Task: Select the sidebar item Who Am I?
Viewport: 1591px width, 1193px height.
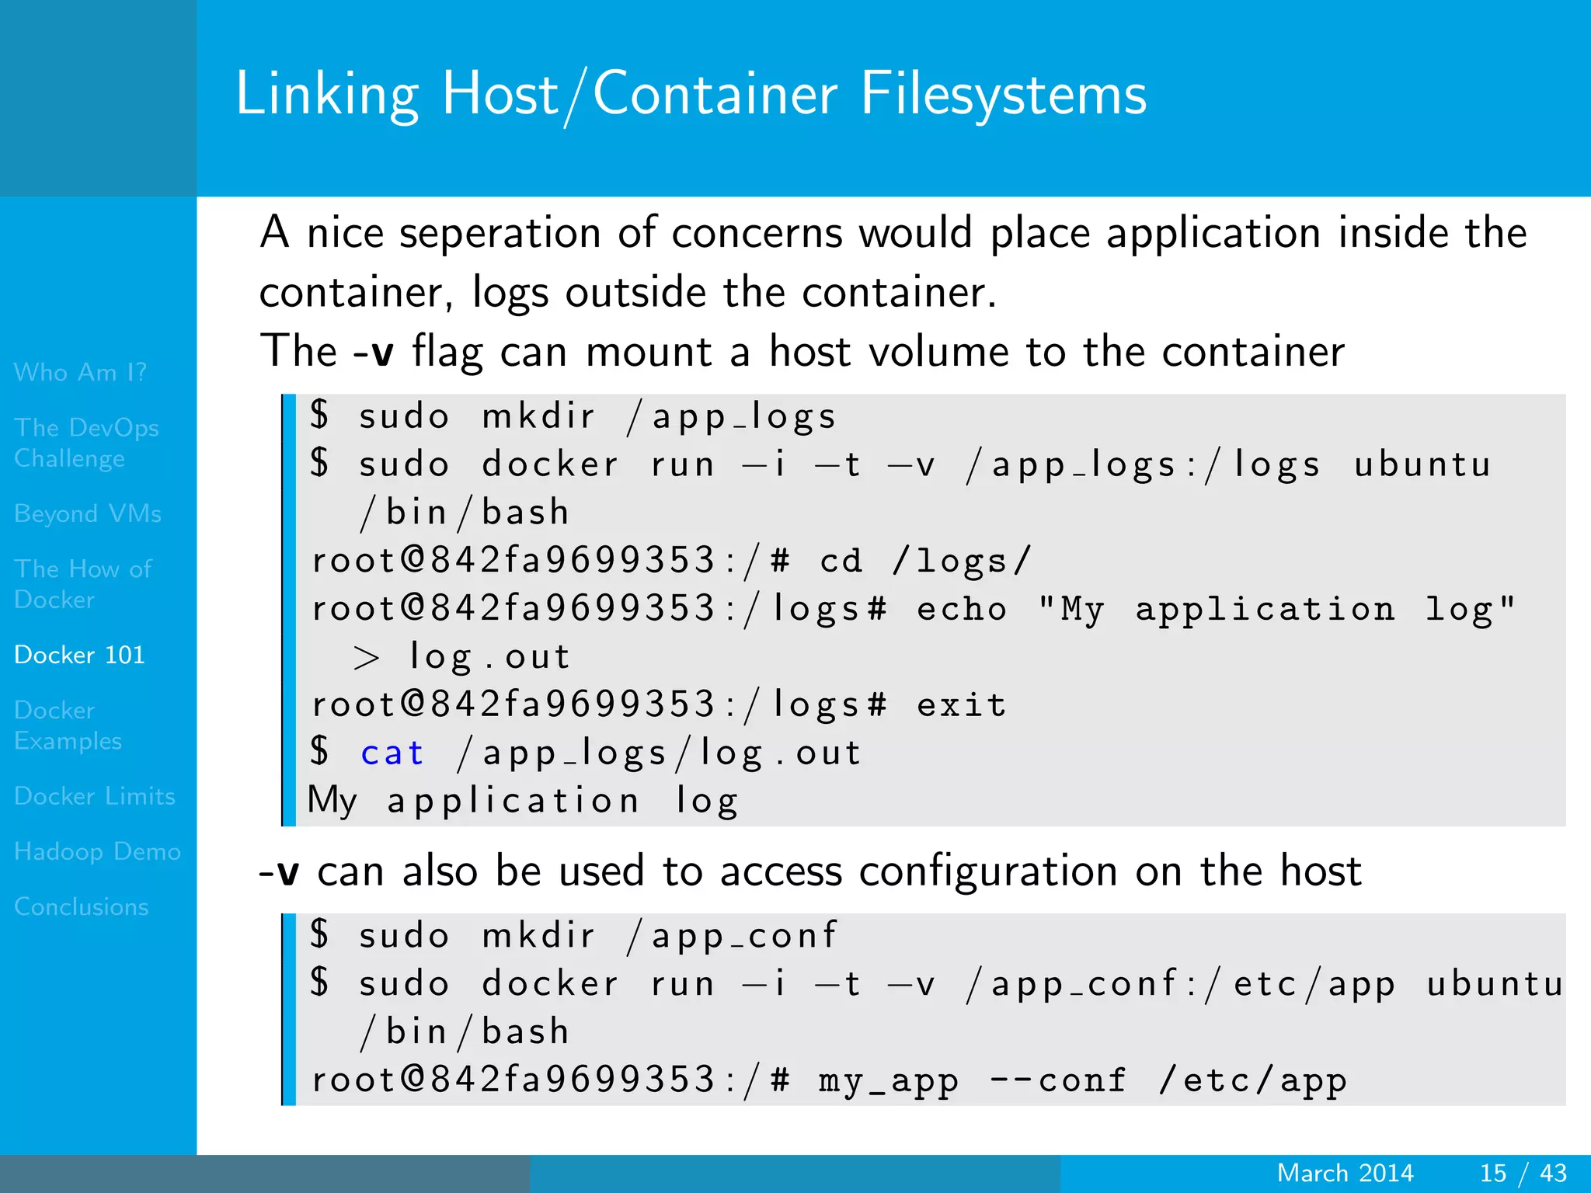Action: pyautogui.click(x=80, y=372)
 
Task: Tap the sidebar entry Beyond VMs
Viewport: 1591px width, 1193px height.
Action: pyautogui.click(x=88, y=513)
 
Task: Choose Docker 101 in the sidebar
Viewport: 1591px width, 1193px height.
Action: pyautogui.click(x=79, y=655)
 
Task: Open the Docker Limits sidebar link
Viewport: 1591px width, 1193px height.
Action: pyautogui.click(x=94, y=796)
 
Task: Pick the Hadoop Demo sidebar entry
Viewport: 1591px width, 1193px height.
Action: pyautogui.click(x=97, y=851)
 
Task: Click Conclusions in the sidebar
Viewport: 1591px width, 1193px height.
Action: pyautogui.click(x=81, y=906)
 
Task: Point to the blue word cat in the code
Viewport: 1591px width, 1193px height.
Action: pyautogui.click(x=392, y=753)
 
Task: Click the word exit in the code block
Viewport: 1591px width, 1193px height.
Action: pyautogui.click(x=962, y=704)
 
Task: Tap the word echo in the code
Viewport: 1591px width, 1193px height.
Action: pyautogui.click(x=962, y=609)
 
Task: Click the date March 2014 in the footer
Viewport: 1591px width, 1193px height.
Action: pyautogui.click(x=1345, y=1173)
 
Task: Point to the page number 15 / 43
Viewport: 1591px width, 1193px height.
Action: pyautogui.click(x=1523, y=1173)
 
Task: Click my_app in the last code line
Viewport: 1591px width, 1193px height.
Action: pyautogui.click(x=888, y=1080)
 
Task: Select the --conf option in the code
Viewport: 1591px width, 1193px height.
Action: pyautogui.click(x=1057, y=1080)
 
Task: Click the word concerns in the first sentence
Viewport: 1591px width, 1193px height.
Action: pyautogui.click(x=757, y=233)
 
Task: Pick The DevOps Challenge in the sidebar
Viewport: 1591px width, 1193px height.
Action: pyautogui.click(x=86, y=443)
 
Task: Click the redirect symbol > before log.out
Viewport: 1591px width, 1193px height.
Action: pyautogui.click(x=366, y=658)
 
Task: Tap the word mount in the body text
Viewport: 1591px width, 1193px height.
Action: pyautogui.click(x=649, y=352)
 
